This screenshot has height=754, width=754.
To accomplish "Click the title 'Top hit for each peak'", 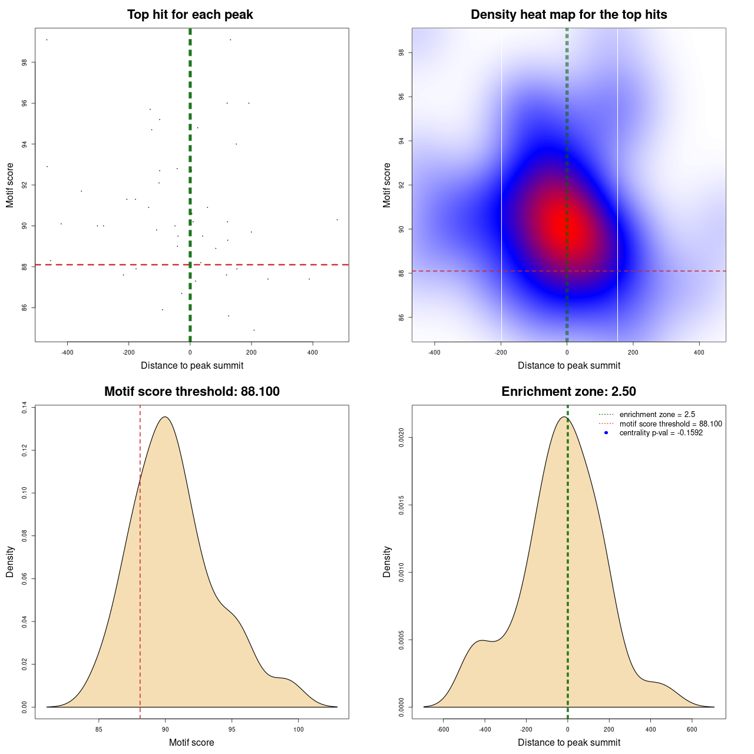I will pos(190,15).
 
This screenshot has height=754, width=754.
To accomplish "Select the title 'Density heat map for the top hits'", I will pos(568,15).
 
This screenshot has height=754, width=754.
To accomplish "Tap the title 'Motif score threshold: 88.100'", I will pos(191,392).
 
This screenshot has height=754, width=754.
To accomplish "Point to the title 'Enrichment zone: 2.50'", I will pos(568,392).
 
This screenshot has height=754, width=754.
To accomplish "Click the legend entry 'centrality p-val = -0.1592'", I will pos(661,433).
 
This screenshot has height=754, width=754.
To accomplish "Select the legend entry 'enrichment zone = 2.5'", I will pos(657,415).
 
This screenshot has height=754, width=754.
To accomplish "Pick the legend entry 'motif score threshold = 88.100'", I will pos(670,424).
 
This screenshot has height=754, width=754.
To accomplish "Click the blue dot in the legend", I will pos(606,433).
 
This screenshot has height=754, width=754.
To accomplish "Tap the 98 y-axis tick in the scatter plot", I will pos(24,62).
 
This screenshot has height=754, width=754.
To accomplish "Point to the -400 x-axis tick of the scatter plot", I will pos(67,352).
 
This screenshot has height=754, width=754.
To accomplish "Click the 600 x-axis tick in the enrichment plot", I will pos(692,729).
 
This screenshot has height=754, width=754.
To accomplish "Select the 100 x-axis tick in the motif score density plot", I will pos(298,729).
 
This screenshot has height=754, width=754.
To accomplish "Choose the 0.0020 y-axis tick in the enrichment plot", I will pos(401,438).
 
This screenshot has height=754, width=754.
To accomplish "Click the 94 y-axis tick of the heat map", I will pos(401,141).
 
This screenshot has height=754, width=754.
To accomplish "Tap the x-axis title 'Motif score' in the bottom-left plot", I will pos(191,743).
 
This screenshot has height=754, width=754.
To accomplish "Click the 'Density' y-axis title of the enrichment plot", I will pos(387,561).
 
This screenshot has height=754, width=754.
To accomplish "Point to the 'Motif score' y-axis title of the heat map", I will pos(387,185).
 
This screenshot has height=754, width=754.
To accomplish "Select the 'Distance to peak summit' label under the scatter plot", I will pos(192,366).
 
